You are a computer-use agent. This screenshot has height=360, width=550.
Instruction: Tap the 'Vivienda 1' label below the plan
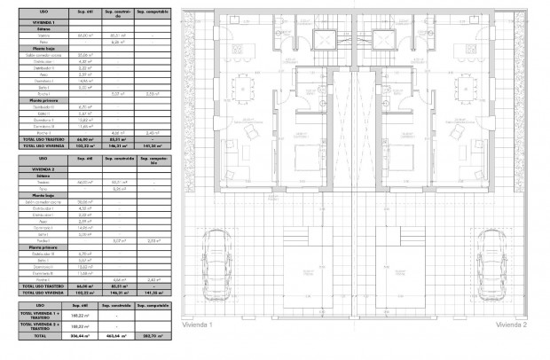(199, 325)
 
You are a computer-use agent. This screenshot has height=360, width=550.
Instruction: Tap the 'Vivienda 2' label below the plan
(511, 325)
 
